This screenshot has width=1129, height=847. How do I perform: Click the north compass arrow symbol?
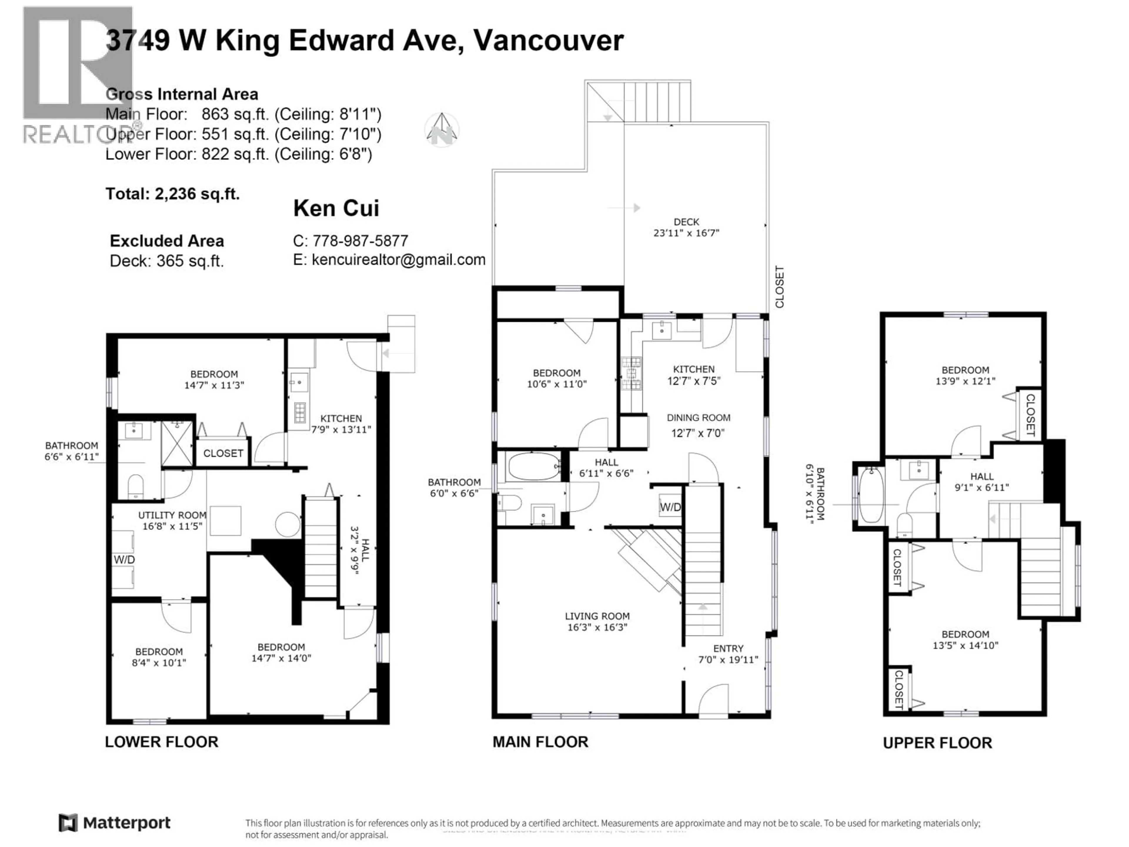click(442, 129)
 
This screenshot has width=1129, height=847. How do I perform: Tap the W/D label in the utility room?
click(124, 560)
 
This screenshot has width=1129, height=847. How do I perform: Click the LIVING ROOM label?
click(597, 616)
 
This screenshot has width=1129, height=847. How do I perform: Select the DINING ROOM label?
click(698, 418)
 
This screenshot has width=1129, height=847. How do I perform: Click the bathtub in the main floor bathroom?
click(533, 466)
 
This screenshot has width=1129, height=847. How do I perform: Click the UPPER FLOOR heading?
click(937, 743)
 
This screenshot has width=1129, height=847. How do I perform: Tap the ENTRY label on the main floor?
click(728, 648)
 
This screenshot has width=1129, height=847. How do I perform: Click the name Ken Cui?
click(336, 208)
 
